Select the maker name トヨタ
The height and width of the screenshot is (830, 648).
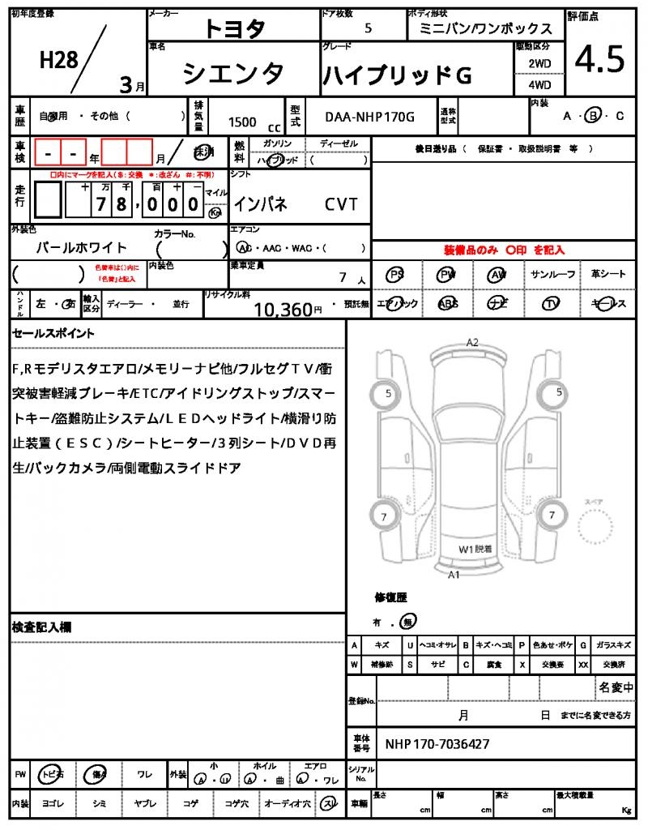click(x=234, y=28)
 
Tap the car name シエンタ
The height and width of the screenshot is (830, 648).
click(x=233, y=74)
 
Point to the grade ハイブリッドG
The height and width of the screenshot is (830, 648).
click(x=397, y=75)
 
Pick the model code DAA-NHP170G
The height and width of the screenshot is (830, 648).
click(x=369, y=118)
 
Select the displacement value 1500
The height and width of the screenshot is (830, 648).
click(x=242, y=122)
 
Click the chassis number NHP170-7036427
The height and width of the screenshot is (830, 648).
click(x=437, y=743)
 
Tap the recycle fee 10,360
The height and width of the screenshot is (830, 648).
click(x=283, y=309)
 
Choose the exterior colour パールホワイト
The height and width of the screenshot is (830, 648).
click(x=82, y=247)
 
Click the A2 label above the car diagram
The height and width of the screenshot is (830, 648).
click(x=472, y=343)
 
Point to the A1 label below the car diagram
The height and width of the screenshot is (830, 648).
click(x=454, y=575)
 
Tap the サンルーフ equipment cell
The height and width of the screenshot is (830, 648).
click(x=553, y=275)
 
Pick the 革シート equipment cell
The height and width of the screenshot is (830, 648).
click(x=608, y=275)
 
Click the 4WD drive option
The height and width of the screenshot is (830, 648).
click(x=539, y=85)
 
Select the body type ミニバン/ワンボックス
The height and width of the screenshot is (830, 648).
click(x=485, y=28)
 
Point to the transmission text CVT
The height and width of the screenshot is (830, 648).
click(x=341, y=204)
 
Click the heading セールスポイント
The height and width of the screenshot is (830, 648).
click(x=53, y=332)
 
